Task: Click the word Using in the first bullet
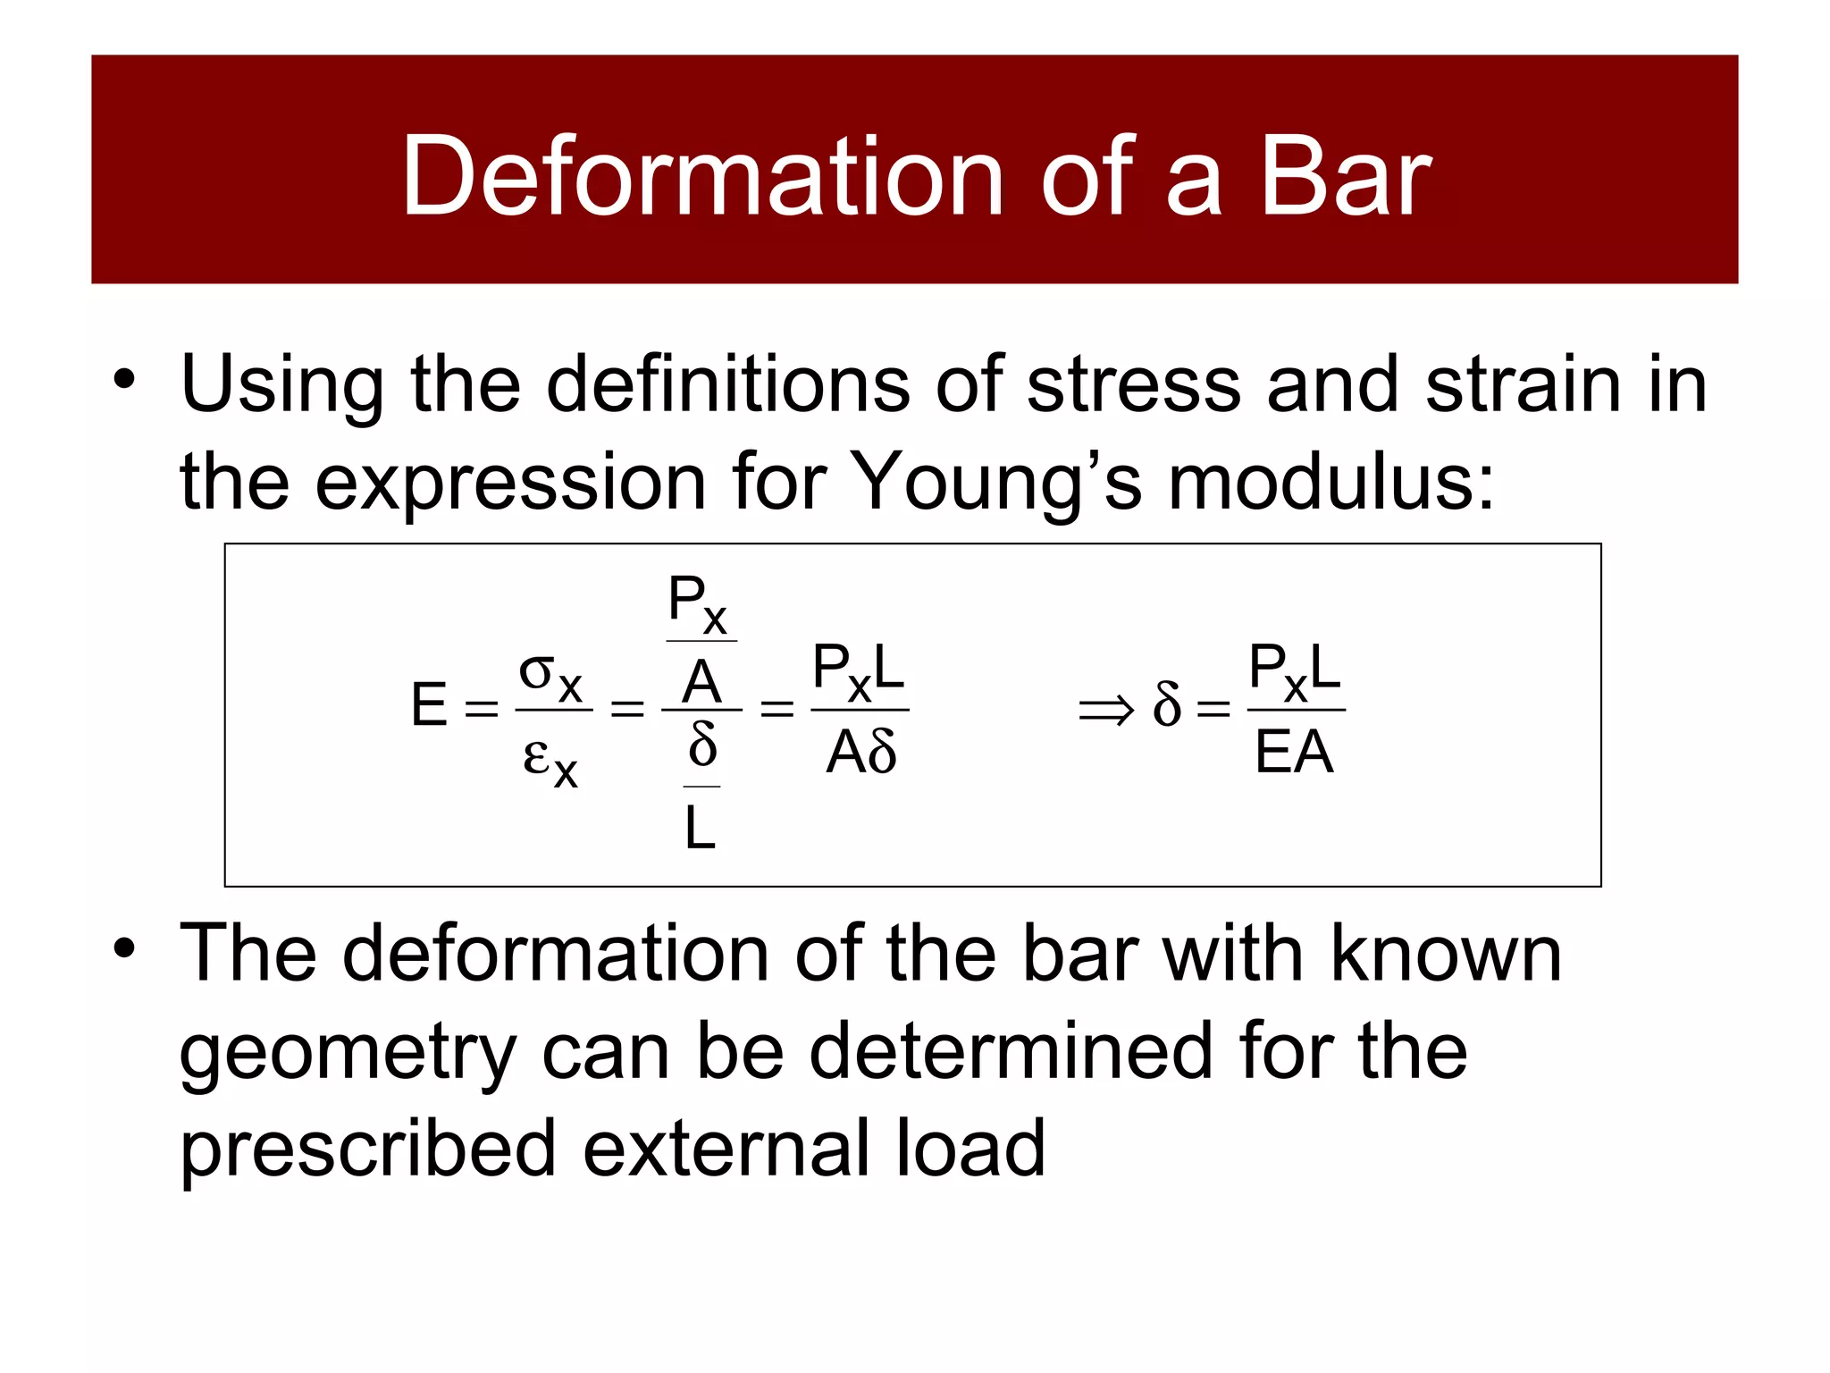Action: coord(282,386)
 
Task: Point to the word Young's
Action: coord(995,483)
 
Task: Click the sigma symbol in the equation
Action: coord(537,672)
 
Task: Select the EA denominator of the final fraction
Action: coord(1294,753)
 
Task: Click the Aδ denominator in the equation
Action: coord(860,753)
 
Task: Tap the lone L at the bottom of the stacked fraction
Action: coord(701,828)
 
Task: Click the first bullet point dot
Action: coord(124,379)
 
